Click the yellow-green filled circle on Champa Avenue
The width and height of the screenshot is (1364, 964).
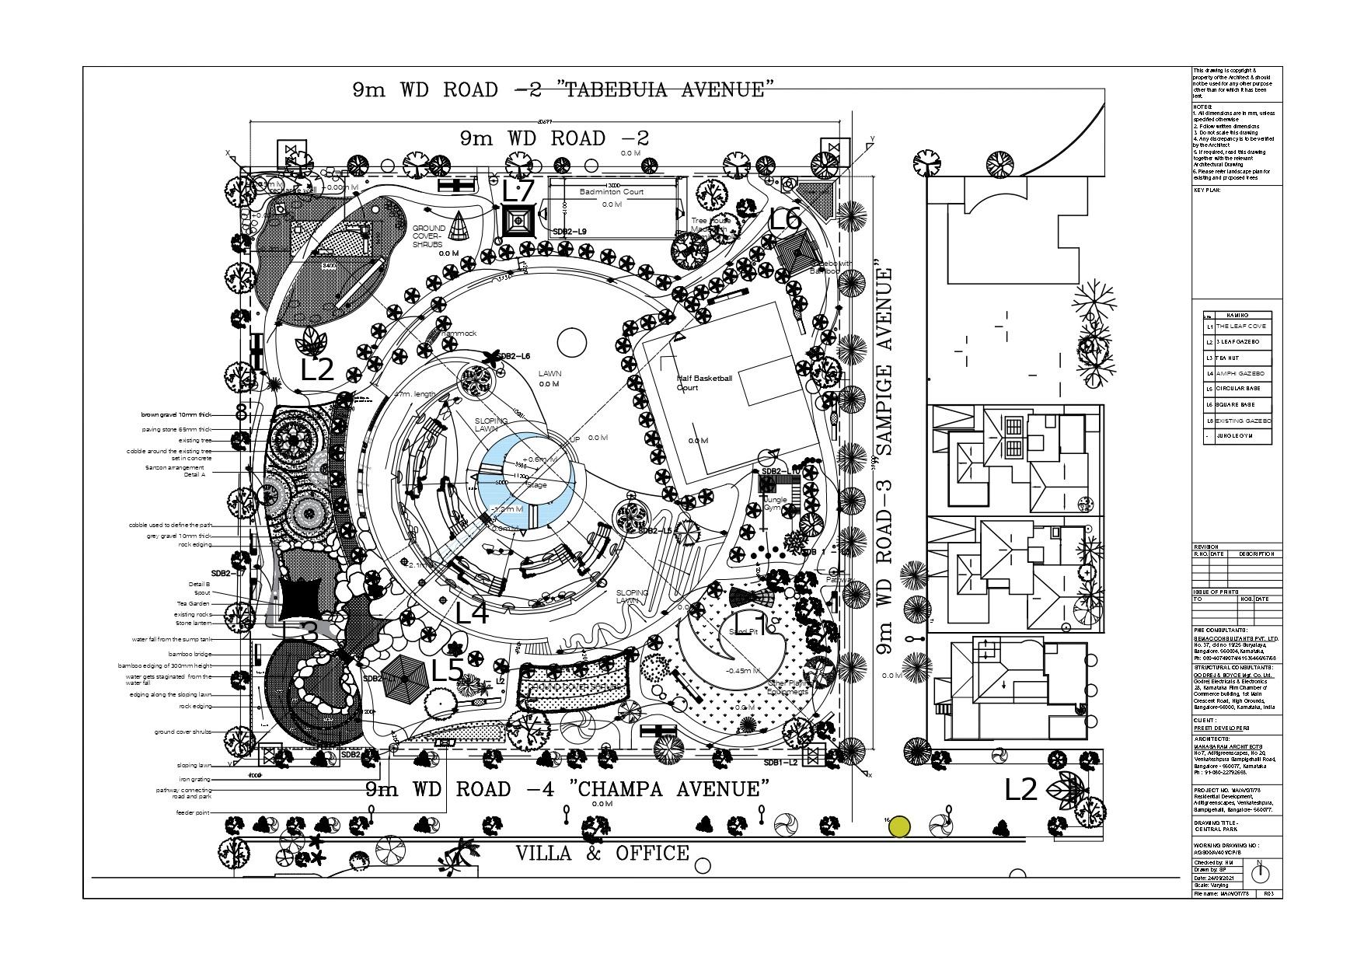tap(899, 827)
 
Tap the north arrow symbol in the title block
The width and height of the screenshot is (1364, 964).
tap(1258, 871)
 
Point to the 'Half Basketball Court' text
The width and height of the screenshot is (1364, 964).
tap(704, 382)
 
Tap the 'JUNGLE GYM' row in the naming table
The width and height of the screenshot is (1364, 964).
tap(1234, 436)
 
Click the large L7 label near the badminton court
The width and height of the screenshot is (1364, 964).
tap(518, 191)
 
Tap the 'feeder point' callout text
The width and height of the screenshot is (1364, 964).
tap(193, 812)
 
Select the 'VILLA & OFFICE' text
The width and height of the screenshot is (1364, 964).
tap(602, 854)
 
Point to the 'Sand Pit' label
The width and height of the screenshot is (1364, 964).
tap(743, 632)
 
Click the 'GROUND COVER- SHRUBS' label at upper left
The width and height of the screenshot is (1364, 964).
tap(427, 236)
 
